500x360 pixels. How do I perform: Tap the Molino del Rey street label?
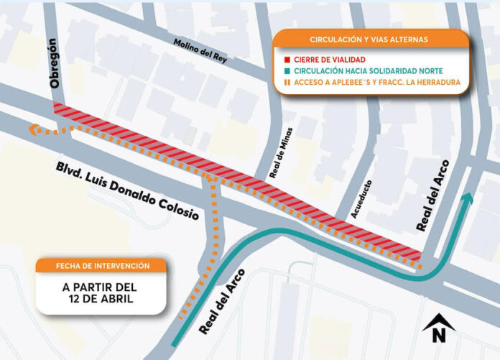pos(200,51)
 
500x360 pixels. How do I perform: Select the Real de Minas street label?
pos(277,158)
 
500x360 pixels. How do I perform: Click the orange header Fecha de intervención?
pos(103,266)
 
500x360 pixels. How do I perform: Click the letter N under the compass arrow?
pos(438,334)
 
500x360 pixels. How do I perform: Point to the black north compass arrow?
pos(438,320)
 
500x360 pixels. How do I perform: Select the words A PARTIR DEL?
pos(103,287)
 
